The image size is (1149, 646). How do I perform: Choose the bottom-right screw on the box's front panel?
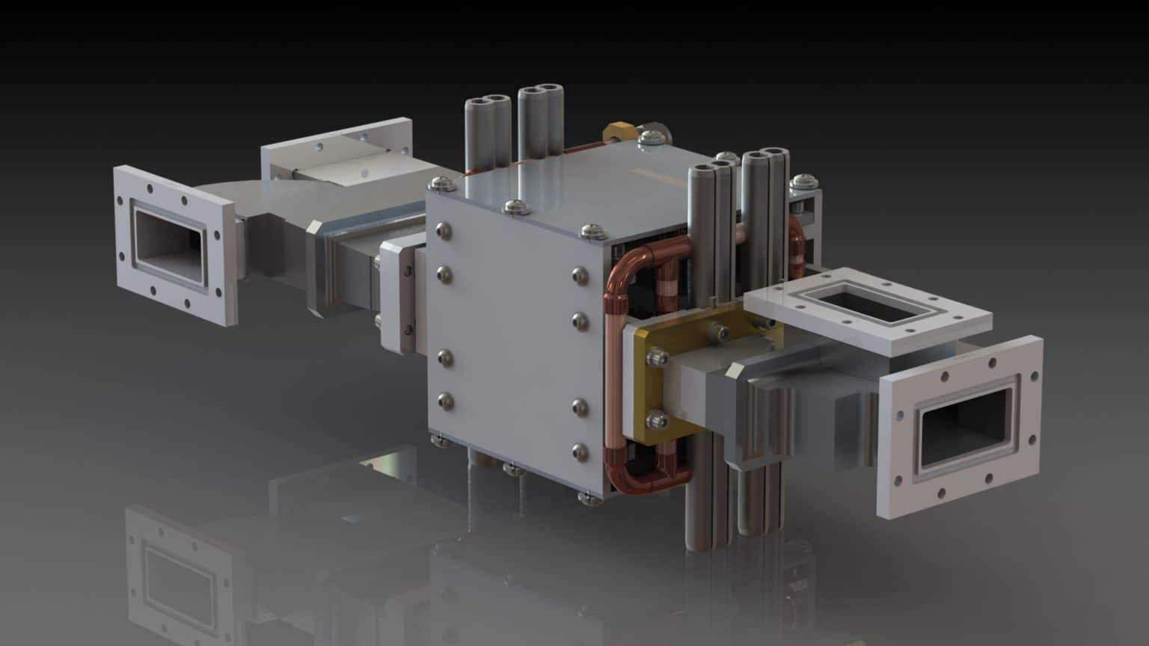[x=579, y=451]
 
